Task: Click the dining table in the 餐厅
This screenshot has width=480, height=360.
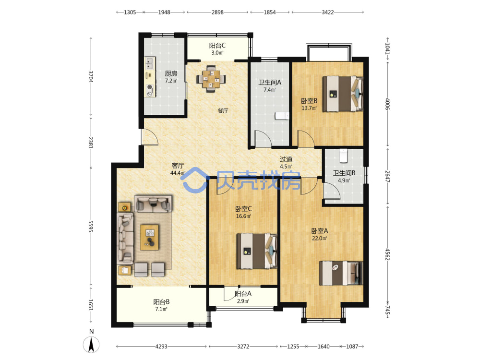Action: click(x=211, y=79)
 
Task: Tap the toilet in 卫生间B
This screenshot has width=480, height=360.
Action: click(x=344, y=156)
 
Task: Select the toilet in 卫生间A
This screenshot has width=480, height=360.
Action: click(x=282, y=116)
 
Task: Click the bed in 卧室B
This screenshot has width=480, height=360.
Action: click(x=343, y=94)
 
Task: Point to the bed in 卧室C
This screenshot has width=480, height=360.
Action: click(x=257, y=252)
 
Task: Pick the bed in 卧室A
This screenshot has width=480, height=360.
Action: click(x=341, y=273)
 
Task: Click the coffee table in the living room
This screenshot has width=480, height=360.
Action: click(x=149, y=237)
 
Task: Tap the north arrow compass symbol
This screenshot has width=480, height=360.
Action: click(x=91, y=344)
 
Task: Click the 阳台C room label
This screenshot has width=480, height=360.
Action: click(x=217, y=46)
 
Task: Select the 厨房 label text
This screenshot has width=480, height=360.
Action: click(x=171, y=73)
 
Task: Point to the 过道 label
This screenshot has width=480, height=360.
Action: click(x=286, y=159)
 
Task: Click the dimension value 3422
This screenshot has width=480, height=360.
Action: click(x=327, y=12)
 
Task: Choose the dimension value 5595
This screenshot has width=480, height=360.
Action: click(x=91, y=226)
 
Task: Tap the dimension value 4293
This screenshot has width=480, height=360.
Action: click(x=161, y=347)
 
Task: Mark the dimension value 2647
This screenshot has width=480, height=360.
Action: click(x=387, y=177)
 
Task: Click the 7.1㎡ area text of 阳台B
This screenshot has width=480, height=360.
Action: click(x=161, y=309)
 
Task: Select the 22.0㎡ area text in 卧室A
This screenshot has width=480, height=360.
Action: click(x=319, y=238)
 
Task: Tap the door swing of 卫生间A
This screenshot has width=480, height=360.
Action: click(x=263, y=138)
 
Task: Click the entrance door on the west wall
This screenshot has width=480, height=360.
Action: click(x=149, y=136)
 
